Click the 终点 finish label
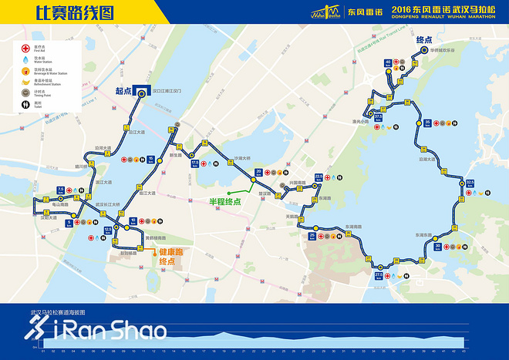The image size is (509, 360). [424, 40]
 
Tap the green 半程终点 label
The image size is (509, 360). [225, 201]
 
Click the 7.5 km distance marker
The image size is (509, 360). [60, 190]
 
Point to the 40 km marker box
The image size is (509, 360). [388, 63]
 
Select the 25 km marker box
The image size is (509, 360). [312, 235]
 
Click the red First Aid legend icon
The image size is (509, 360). [26, 48]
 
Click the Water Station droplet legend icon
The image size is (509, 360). [26, 58]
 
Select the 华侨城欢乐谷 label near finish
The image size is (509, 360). [443, 50]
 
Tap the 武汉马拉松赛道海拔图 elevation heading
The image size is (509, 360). [58, 313]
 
